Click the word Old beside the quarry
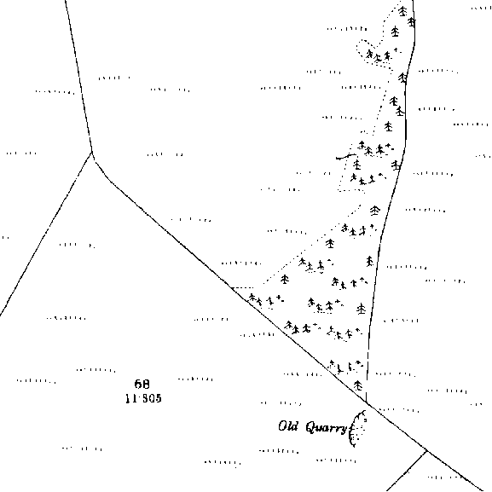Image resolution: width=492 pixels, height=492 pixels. click(288, 426)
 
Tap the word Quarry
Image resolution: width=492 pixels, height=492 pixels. click(327, 428)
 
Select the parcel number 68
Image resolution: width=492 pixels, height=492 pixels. click(142, 384)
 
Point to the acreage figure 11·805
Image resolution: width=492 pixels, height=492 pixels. click(143, 398)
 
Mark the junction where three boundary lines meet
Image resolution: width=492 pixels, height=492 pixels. click(91, 153)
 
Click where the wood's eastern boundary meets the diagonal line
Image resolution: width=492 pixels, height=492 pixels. click(367, 402)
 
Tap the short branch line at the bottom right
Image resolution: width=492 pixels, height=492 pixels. click(407, 471)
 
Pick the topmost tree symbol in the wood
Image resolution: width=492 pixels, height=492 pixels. click(402, 11)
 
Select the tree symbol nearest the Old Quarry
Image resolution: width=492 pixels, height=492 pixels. click(358, 385)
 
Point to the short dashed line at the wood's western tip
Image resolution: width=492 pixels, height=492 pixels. click(242, 287)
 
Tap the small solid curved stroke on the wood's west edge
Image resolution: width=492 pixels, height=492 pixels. click(346, 156)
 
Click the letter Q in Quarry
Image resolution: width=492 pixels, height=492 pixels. click(311, 427)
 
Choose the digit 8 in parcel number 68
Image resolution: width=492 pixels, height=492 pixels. click(146, 384)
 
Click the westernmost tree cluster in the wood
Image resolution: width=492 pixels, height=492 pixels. click(266, 299)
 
